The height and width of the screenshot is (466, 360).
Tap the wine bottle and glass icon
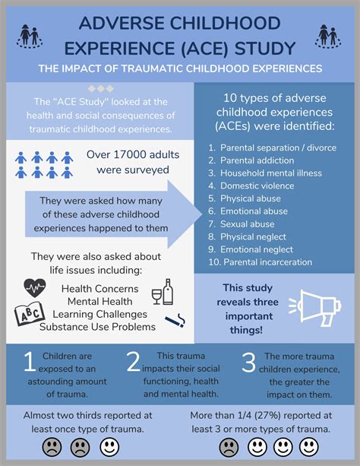pos(163,292)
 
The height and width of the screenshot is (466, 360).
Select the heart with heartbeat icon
pos(36,288)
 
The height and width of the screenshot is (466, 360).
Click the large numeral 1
pos(29,363)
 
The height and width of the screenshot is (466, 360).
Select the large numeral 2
pos(134,363)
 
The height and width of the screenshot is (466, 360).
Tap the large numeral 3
pos(248,363)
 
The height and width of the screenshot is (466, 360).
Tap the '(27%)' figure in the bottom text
pos(262,416)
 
